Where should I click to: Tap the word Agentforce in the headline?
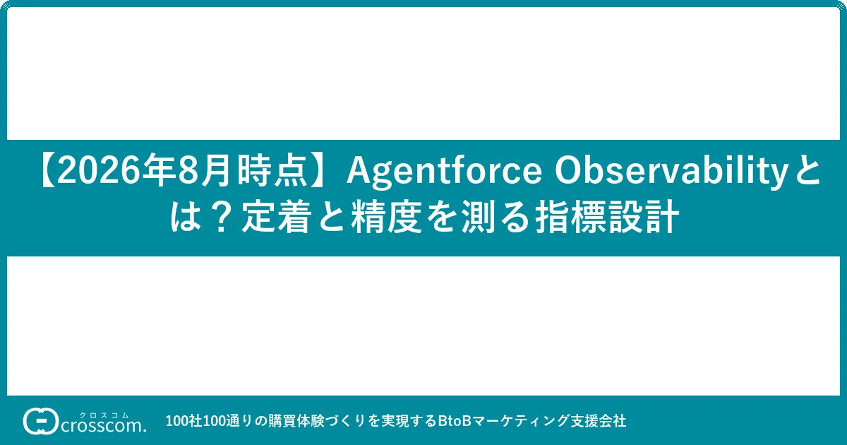point(445,172)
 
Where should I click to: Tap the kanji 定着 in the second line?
point(276,218)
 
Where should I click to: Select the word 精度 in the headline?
point(386,218)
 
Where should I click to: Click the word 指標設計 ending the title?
point(607,218)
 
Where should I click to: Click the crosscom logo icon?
point(40,421)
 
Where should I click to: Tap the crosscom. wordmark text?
point(103,426)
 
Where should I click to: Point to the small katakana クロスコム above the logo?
point(104,415)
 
